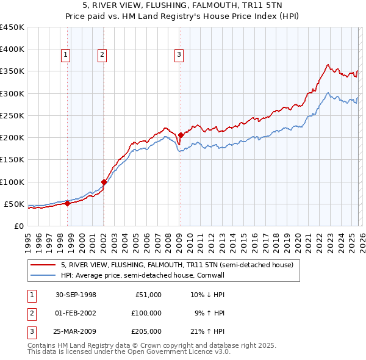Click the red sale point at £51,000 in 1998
[x=68, y=204]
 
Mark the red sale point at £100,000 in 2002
[x=104, y=182]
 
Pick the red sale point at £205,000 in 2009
[x=181, y=135]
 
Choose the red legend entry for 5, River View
[x=177, y=265]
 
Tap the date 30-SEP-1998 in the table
[x=76, y=295]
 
